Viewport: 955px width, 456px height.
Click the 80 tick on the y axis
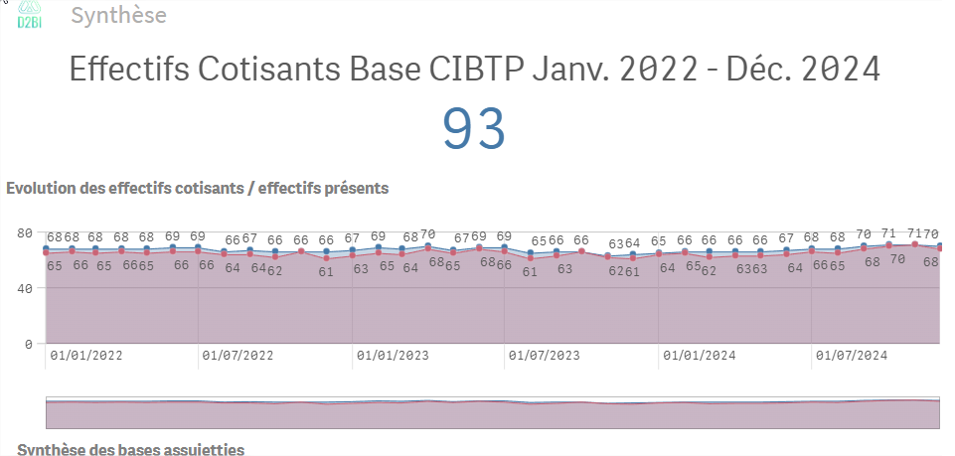click(26, 233)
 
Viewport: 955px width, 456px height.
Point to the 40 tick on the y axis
click(26, 288)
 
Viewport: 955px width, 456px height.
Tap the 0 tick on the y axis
click(30, 344)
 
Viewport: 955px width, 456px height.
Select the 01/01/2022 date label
click(85, 355)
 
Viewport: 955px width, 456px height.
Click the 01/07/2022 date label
click(238, 355)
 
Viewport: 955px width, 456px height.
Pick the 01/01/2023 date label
click(392, 355)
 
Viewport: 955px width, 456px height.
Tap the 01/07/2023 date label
click(544, 355)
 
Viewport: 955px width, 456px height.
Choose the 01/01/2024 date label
click(699, 355)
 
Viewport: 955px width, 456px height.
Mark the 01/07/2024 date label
click(851, 355)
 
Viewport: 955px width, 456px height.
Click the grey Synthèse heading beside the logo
click(119, 16)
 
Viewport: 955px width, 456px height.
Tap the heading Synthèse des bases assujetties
click(130, 449)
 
